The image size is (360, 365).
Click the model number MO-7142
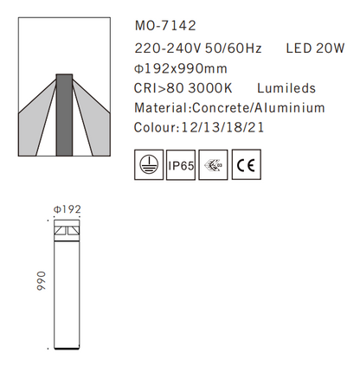160,27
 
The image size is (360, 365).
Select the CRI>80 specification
160,88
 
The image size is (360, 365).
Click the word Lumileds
288,88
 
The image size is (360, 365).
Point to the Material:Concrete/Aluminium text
230,109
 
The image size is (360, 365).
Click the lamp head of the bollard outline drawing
66,231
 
